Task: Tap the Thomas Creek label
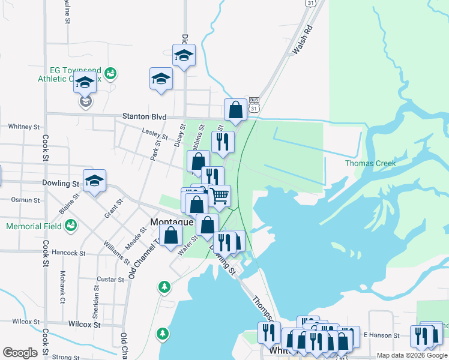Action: pos(367,163)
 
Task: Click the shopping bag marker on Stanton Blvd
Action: pos(235,109)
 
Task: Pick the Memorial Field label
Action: pos(34,227)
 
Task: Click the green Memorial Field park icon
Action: pos(71,226)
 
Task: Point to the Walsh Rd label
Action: pos(303,40)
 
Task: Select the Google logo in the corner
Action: pos(20,352)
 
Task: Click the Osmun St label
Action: pos(25,199)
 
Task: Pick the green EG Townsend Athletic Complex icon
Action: pos(110,74)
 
